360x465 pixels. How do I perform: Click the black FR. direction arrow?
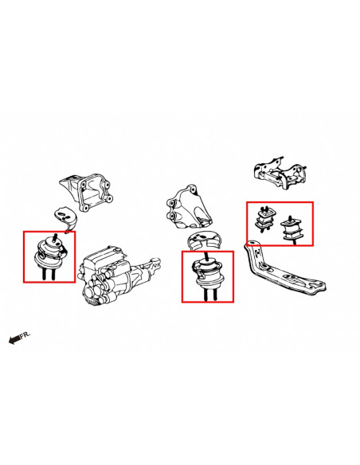15,339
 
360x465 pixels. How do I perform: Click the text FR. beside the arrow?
25,334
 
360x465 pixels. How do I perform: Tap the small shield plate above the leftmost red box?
65,219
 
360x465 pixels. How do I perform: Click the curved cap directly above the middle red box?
205,239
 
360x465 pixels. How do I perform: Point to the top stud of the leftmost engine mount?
55,237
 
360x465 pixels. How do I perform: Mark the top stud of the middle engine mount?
207,256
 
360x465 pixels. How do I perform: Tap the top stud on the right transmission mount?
289,218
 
